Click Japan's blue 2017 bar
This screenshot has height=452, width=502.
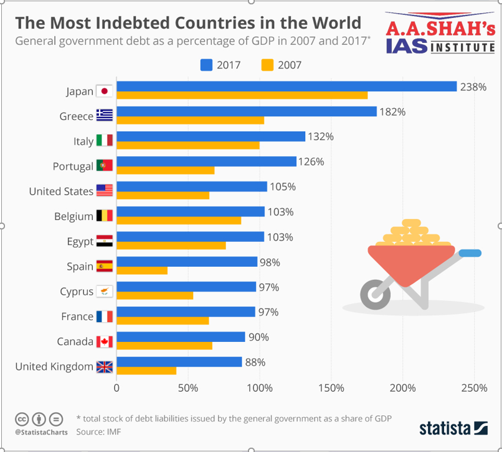pos(287,86)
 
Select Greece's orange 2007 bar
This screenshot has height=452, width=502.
pos(190,121)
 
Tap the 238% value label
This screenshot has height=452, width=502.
pos(473,87)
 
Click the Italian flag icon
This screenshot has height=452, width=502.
pos(104,141)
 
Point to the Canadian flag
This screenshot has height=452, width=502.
pos(104,341)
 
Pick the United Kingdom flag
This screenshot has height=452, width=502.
pos(104,367)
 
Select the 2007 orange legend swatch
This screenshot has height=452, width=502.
pos(268,65)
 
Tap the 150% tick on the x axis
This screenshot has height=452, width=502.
pos(331,389)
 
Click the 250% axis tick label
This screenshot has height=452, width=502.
pos(474,389)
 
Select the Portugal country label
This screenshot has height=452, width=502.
pos(73,166)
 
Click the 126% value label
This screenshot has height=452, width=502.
pos(311,162)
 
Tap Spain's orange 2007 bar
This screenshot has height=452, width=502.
pos(142,270)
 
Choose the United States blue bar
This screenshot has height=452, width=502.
pos(192,187)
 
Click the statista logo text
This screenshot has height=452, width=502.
pos(445,428)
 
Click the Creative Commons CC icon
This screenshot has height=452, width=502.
pos(22,418)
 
